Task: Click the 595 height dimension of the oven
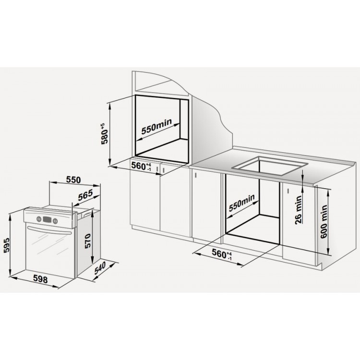[x=7, y=245]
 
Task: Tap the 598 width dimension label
[x=41, y=279]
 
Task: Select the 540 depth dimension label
[x=100, y=268]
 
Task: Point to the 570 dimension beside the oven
[x=88, y=241]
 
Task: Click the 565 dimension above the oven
[x=85, y=195]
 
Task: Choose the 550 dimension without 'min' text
[x=73, y=180]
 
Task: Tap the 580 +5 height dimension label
[x=105, y=134]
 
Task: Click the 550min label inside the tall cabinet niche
[x=156, y=127]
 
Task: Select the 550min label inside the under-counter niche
[x=242, y=203]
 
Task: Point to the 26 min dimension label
[x=298, y=210]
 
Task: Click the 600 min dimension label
[x=324, y=222]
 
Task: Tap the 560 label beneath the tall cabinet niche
[x=141, y=166]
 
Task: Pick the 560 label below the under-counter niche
[x=222, y=254]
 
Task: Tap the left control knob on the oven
[x=39, y=219]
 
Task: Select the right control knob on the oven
[x=55, y=221]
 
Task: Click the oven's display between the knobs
[x=47, y=220]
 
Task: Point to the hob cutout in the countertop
[x=270, y=165]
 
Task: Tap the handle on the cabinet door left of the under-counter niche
[x=196, y=175]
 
